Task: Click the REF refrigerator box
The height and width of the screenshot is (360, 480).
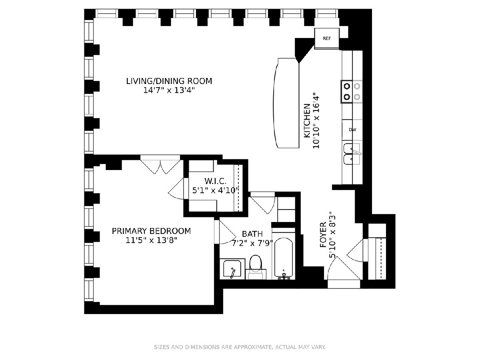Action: pyautogui.click(x=327, y=38)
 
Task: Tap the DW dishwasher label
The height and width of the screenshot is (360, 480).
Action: pyautogui.click(x=352, y=130)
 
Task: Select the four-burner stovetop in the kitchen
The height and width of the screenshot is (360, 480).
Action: pyautogui.click(x=352, y=92)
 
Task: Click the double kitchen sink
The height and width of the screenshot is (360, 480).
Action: pyautogui.click(x=352, y=154)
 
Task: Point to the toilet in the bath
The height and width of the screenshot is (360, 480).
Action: pyautogui.click(x=256, y=267)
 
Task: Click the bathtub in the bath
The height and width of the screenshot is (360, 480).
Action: pyautogui.click(x=284, y=258)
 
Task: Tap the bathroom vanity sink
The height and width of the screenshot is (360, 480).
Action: pyautogui.click(x=232, y=269)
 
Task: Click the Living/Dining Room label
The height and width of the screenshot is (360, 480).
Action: pyautogui.click(x=169, y=81)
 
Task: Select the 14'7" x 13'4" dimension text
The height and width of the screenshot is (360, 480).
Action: pyautogui.click(x=169, y=90)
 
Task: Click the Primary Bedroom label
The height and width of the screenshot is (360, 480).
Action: pyautogui.click(x=151, y=231)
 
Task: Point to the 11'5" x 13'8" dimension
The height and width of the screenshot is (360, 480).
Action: pyautogui.click(x=151, y=240)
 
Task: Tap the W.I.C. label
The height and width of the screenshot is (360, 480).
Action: pyautogui.click(x=215, y=181)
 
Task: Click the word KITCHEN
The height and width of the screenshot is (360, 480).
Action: pyautogui.click(x=307, y=121)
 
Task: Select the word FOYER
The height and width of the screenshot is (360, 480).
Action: pyautogui.click(x=323, y=235)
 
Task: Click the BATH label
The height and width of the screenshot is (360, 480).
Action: pyautogui.click(x=252, y=234)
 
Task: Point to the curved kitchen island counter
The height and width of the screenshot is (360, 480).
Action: pyautogui.click(x=286, y=103)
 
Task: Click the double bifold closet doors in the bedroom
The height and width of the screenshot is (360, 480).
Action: pyautogui.click(x=160, y=164)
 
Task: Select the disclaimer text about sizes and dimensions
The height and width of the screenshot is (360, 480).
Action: pyautogui.click(x=240, y=347)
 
